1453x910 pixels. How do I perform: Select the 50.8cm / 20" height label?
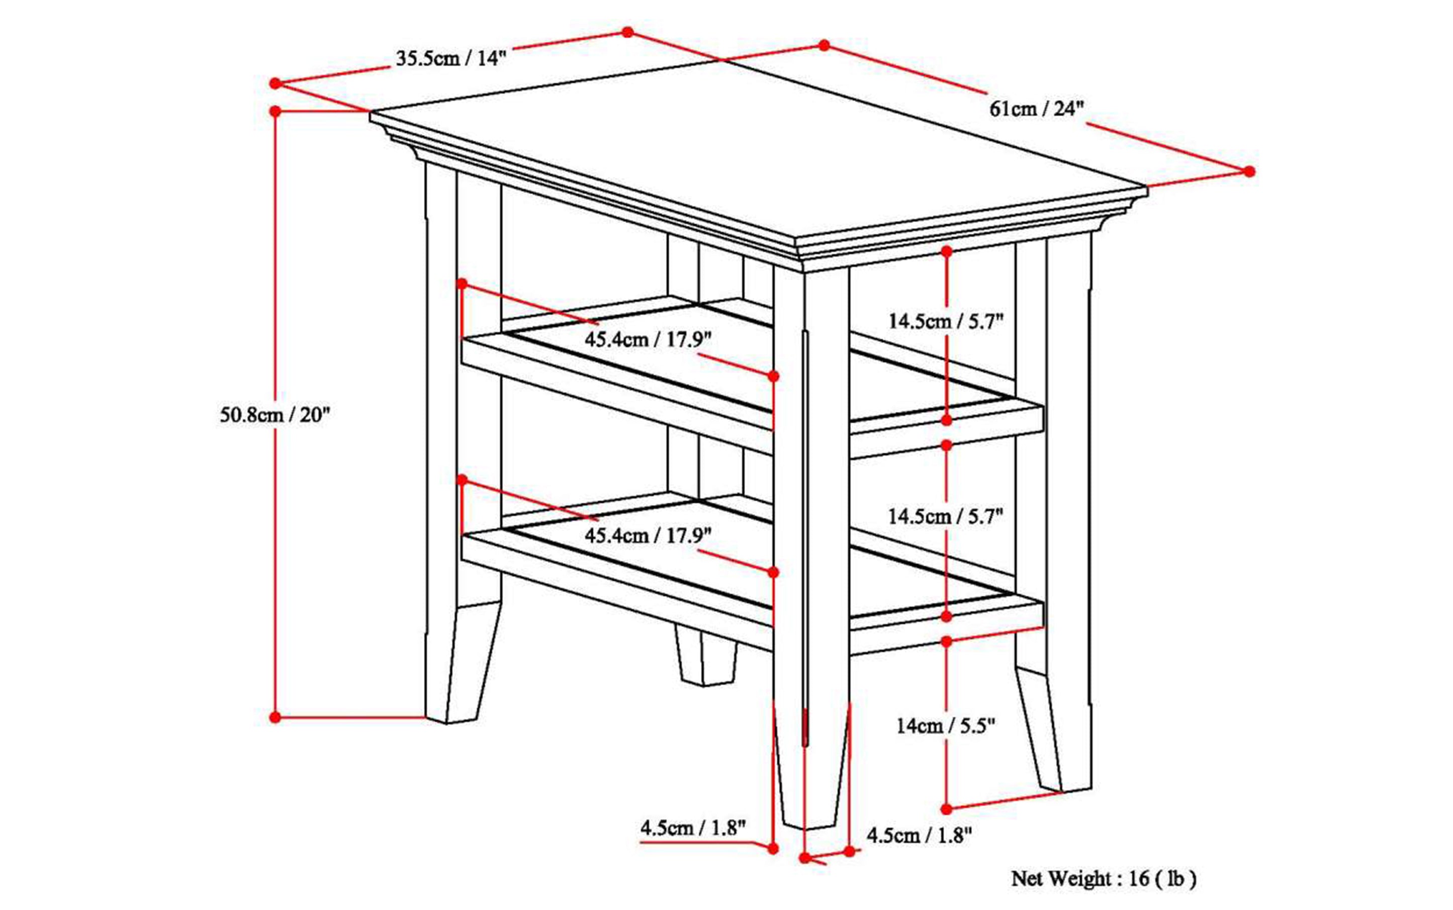point(275,415)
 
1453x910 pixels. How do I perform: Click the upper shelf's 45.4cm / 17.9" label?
point(648,339)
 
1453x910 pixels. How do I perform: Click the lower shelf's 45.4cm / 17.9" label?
point(648,535)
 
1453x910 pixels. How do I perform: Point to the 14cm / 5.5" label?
point(946,726)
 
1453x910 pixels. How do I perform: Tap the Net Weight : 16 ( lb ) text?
point(1103,879)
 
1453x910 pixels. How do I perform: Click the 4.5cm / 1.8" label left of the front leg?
point(693,828)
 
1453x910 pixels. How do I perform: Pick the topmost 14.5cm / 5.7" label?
point(946,321)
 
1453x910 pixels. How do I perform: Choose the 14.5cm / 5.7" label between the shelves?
point(946,516)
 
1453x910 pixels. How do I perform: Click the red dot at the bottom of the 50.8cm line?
point(275,717)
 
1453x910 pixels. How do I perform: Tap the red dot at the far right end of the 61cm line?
point(1249,171)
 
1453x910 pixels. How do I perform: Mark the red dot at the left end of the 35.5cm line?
point(275,83)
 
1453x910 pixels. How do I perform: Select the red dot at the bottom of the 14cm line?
point(946,808)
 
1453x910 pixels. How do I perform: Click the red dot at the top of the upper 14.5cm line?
point(947,251)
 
